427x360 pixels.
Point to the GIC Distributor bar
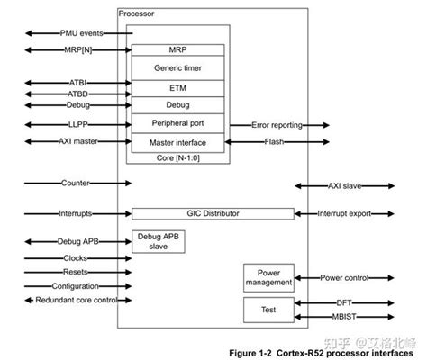point(213,214)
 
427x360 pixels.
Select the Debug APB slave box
point(157,241)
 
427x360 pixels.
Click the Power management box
point(268,278)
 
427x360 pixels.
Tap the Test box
point(268,310)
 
